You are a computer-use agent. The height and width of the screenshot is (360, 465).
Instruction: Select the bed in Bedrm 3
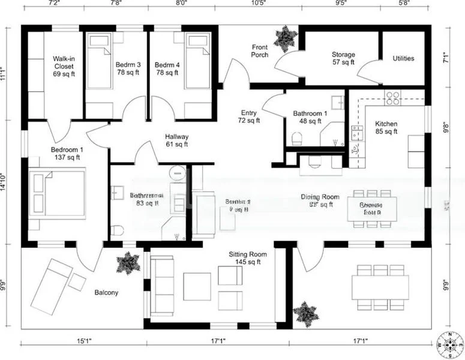tap(99, 60)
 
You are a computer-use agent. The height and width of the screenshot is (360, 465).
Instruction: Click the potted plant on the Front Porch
tap(284, 38)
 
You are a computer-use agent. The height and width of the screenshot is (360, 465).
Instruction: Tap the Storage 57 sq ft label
tap(343, 58)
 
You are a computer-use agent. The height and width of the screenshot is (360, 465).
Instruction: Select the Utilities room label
tap(403, 58)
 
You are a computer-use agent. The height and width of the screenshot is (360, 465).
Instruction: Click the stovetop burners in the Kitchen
tap(393, 98)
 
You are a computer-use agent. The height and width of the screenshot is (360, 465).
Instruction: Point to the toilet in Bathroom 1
tap(296, 139)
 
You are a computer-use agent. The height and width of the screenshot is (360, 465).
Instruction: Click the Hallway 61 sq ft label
tap(176, 140)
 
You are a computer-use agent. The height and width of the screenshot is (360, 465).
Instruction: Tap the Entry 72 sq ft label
tap(249, 116)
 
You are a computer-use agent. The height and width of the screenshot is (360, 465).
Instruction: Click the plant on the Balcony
tap(128, 262)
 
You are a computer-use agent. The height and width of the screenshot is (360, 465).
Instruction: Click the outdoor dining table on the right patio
tap(380, 287)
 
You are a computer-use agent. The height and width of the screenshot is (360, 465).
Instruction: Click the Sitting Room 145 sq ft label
tap(247, 259)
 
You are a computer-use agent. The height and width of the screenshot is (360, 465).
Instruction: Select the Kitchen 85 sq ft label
tap(386, 128)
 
